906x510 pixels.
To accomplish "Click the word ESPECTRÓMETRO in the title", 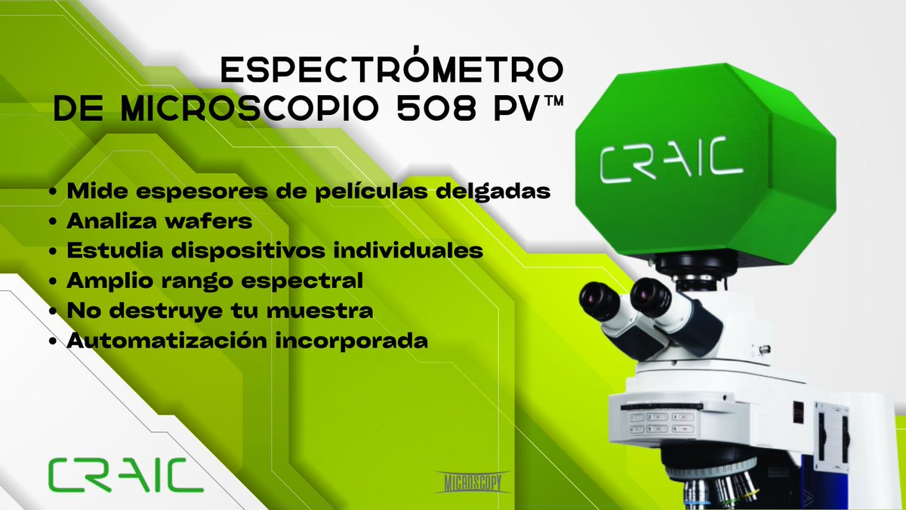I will click(390, 70).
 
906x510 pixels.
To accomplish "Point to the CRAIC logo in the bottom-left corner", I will click(125, 474).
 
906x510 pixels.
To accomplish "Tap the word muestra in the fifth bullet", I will click(329, 311).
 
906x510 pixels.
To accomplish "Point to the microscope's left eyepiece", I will click(600, 303).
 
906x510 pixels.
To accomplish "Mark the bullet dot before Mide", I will click(53, 193).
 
